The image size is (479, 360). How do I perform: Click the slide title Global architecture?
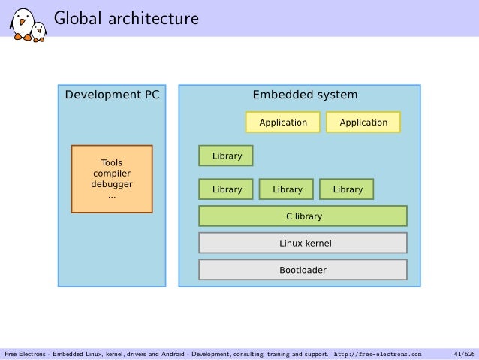[x=125, y=17]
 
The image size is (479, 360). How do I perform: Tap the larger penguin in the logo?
[x=22, y=23]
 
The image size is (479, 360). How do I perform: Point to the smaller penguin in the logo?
[x=39, y=31]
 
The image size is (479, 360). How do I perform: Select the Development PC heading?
[x=112, y=95]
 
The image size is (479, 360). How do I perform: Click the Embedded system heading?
[x=305, y=95]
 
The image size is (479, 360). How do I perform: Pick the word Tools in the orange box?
[x=111, y=162]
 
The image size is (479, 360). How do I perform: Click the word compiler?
[x=111, y=174]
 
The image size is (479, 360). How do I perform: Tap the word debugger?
[x=111, y=184]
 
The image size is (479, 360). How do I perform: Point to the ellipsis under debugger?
[x=111, y=195]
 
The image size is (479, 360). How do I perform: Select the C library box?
[x=303, y=216]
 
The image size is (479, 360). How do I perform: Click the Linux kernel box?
[x=303, y=244]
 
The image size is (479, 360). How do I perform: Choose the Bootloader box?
[x=303, y=270]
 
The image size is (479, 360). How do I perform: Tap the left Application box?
[x=283, y=123]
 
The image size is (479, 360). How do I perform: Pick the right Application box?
[x=363, y=123]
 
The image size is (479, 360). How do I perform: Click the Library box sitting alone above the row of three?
[x=226, y=156]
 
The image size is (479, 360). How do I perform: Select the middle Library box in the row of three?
[x=287, y=190]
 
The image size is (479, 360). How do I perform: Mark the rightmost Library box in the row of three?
[x=347, y=190]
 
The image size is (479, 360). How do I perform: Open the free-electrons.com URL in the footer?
[x=378, y=353]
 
